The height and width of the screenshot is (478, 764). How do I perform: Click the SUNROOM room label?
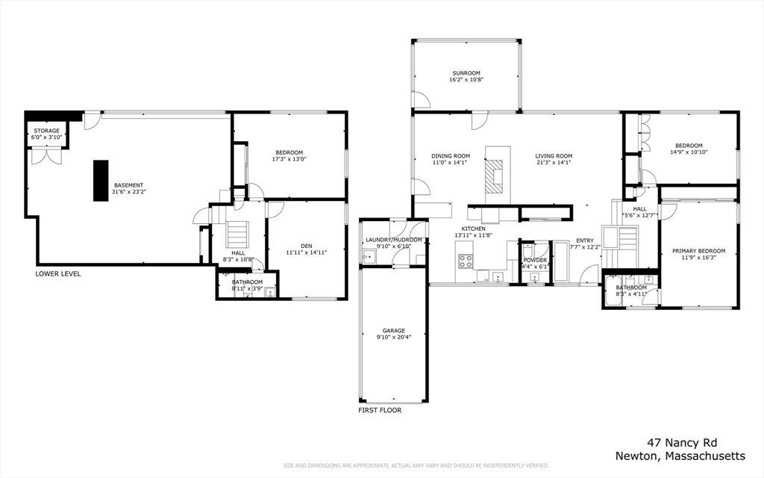coord(466,73)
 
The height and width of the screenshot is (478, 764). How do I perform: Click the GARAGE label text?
coord(394,330)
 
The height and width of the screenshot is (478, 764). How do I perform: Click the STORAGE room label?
coord(46,131)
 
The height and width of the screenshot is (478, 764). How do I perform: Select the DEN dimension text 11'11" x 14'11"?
coord(307,252)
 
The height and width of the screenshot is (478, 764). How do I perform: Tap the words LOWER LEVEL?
coord(58,274)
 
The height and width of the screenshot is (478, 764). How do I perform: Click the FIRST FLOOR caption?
coord(380,410)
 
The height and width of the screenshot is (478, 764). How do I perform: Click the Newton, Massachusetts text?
coord(680,456)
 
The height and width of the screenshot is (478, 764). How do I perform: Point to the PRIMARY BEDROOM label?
coord(698,251)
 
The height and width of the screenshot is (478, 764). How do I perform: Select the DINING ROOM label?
coord(451,156)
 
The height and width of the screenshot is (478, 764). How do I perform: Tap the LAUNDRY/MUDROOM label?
coord(393,240)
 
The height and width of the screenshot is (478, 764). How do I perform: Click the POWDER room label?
coord(535,260)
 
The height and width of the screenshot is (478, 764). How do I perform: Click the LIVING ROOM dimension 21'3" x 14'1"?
coord(553,163)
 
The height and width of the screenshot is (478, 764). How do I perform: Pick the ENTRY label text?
coord(584,240)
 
